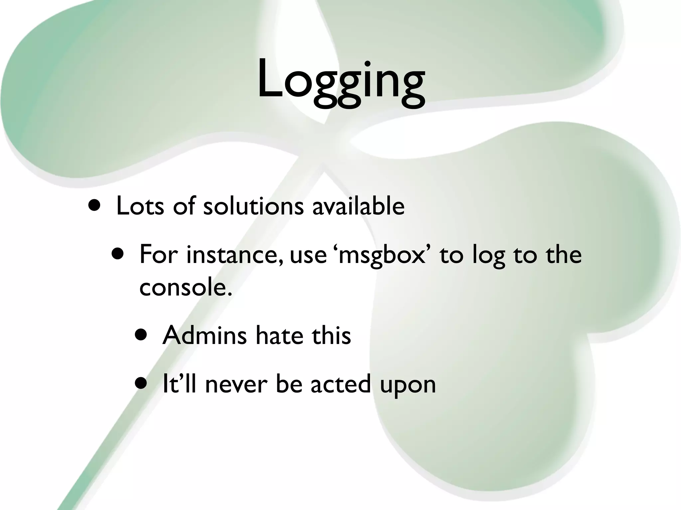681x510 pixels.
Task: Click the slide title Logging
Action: click(340, 81)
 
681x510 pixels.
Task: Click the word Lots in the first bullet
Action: click(140, 206)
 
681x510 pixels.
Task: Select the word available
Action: click(358, 206)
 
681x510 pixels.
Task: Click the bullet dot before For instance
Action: click(118, 254)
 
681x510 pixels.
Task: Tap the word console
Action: click(185, 287)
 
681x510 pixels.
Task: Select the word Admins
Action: click(204, 335)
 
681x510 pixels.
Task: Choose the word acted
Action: click(340, 384)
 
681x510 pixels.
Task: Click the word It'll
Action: click(179, 384)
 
